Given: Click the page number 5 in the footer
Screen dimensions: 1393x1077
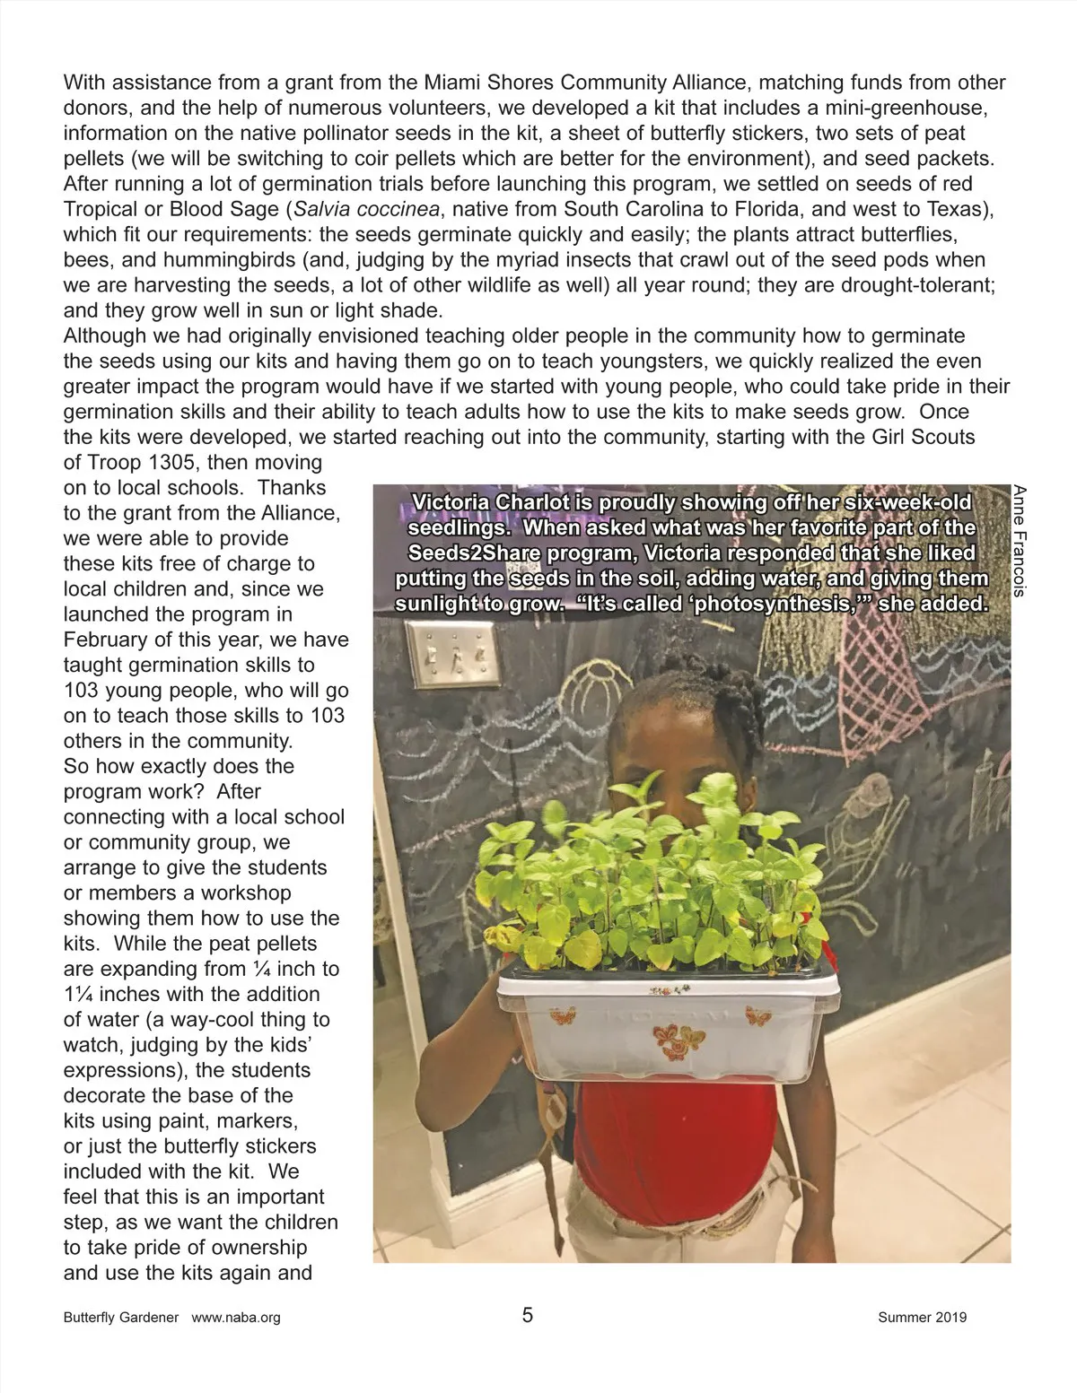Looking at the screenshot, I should pos(527,1315).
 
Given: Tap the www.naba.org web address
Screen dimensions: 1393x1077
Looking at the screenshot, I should pos(236,1318).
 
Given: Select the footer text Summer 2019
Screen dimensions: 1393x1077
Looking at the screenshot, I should pos(922,1318).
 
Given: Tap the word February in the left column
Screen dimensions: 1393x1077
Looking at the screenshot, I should pos(102,640).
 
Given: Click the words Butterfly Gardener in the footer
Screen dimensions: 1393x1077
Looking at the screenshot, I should pos(121,1318).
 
